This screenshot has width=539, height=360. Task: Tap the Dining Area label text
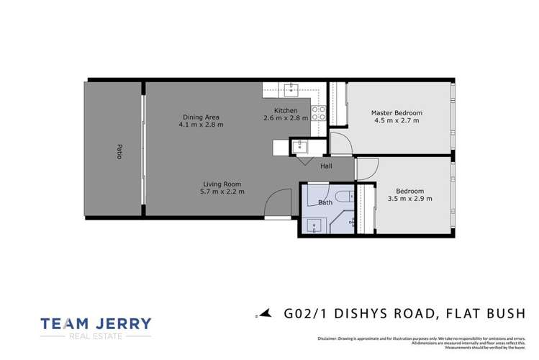point(201,117)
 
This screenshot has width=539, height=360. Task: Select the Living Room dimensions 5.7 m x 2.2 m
point(223,192)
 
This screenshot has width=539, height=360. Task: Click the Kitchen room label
point(285,110)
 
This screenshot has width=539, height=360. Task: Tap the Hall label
point(326,166)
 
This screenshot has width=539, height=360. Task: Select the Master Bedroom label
point(397,113)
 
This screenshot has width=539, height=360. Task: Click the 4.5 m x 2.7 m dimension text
point(397,121)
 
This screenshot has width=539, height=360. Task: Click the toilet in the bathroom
point(342,195)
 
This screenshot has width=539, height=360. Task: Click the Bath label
point(325,203)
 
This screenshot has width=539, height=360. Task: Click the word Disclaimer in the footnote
point(327,338)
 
